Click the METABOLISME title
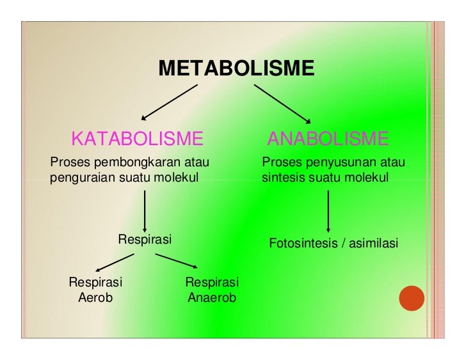click(236, 68)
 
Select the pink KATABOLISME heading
click(137, 138)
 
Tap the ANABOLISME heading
click(328, 138)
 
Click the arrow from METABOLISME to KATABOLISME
click(170, 102)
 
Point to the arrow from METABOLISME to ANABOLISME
click(283, 102)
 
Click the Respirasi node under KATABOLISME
click(145, 240)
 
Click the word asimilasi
click(374, 244)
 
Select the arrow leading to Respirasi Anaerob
click(175, 262)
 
